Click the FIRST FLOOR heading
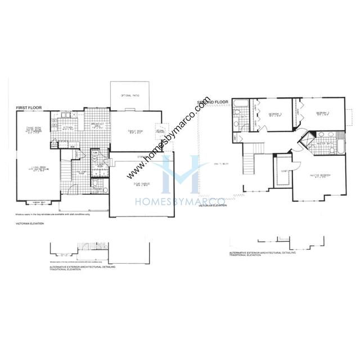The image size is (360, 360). tap(28, 106)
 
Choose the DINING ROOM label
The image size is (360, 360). tap(33, 130)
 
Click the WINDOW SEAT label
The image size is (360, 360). tap(38, 202)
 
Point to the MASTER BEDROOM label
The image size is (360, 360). tap(319, 176)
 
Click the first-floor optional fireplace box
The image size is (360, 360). tap(159, 132)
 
